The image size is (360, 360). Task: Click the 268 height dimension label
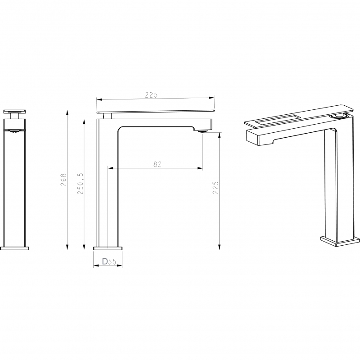pos(63,180)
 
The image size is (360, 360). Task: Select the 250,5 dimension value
pos(81,184)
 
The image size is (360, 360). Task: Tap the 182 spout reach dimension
pos(156,164)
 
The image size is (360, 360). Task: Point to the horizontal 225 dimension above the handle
pos(151,95)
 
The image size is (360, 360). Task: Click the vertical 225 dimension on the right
pos(216,188)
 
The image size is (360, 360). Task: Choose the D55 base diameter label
pos(109,261)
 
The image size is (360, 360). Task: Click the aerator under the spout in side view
pos(203,131)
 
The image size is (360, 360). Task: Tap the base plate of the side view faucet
pos(108,248)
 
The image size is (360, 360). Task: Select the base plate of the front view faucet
pos(15,248)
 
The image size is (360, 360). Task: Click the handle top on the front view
pos(15,112)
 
